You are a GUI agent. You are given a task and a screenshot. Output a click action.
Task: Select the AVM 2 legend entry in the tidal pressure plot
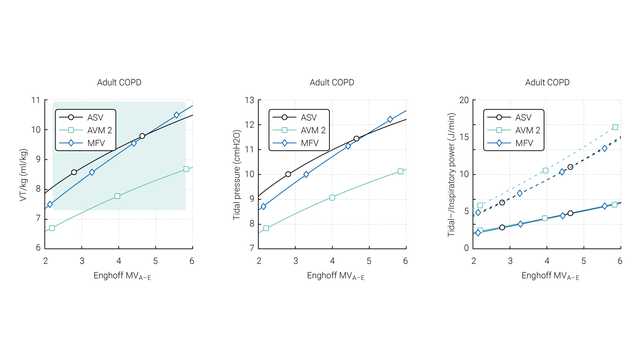pos(311,130)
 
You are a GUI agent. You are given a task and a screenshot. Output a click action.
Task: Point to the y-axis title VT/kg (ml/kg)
pos(24,174)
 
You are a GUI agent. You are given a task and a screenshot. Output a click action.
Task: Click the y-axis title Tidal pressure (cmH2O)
pos(237,174)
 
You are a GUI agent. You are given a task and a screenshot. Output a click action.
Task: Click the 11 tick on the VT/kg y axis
pos(37,101)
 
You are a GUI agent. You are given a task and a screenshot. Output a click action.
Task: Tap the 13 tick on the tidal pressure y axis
pos(250,101)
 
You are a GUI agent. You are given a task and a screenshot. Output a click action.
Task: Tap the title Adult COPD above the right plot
pos(546,82)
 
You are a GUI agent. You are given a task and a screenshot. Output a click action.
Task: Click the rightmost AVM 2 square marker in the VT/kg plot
pos(186,169)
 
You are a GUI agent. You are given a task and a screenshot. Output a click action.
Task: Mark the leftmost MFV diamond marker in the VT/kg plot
pos(50,204)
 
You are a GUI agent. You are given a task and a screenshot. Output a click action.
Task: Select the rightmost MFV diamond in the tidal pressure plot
pos(390,119)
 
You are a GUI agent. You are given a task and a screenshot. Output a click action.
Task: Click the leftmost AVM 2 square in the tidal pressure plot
pos(265,228)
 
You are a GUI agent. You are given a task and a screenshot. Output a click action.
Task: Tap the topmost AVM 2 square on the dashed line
pos(615,127)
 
